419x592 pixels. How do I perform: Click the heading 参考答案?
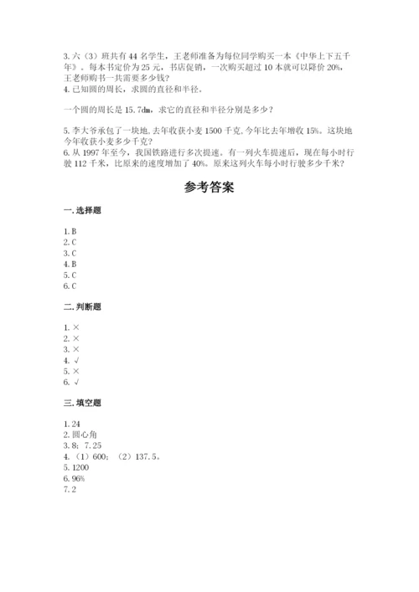point(209,188)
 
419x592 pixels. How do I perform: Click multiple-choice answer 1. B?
point(70,230)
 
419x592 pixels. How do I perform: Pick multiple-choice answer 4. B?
point(70,263)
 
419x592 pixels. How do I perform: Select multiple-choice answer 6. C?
point(70,286)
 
